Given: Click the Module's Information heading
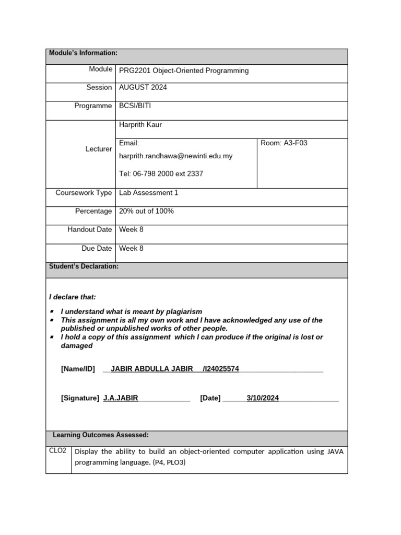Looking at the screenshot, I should coord(83,53).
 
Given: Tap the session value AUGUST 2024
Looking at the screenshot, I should coord(143,87).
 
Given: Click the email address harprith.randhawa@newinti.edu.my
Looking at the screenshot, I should coord(176,156).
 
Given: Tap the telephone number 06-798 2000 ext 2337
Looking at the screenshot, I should coord(161,173).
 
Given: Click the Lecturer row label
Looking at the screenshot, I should coord(99,149).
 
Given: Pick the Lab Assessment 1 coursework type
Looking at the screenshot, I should coord(149,193).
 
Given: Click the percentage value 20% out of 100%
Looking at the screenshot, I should coord(147,211).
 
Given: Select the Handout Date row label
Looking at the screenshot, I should coord(89,230).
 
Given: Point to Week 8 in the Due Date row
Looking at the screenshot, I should coord(131,248).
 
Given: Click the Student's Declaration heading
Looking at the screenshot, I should coord(84,266).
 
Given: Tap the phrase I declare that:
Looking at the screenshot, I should coord(73,297).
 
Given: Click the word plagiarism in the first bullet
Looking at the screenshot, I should coord(182,311).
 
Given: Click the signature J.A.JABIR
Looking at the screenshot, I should coord(121,398).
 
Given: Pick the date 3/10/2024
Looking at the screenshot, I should coord(263,398).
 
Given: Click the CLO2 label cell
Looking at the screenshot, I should coord(57,451).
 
